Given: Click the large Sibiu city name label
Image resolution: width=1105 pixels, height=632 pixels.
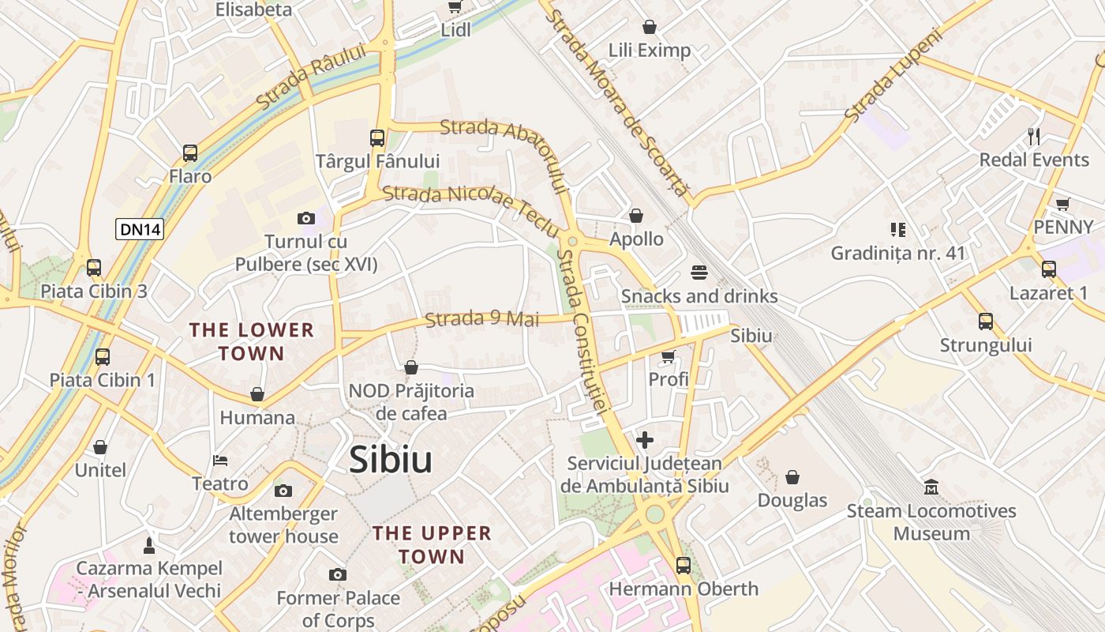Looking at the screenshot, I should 391,460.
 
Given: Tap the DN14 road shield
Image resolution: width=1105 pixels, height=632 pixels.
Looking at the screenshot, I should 140,229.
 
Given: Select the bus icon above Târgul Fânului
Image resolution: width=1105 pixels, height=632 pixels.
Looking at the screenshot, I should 377,138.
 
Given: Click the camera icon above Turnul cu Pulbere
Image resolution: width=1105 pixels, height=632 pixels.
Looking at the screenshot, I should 306,218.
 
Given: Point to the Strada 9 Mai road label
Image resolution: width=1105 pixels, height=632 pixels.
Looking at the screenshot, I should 482,319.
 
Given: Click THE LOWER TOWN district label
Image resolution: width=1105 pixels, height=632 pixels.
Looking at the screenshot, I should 252,341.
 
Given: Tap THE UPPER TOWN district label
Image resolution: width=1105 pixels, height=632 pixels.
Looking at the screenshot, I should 432,544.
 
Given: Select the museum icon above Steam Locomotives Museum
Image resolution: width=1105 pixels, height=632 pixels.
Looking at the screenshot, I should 931,487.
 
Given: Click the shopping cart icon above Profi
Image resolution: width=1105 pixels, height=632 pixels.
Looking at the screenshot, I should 669,356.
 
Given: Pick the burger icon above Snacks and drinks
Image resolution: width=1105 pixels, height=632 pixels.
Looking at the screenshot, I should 699,273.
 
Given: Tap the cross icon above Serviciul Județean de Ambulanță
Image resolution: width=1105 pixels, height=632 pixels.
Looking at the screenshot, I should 645,440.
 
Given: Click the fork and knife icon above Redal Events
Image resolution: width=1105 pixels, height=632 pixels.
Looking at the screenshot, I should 1034,137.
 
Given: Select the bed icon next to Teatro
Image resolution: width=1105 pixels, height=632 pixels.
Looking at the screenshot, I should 221,461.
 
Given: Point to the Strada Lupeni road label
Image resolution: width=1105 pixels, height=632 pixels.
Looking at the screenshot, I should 893,76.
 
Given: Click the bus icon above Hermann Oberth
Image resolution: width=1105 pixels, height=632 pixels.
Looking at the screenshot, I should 684,566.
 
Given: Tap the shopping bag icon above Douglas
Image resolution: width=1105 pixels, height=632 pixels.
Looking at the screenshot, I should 792,477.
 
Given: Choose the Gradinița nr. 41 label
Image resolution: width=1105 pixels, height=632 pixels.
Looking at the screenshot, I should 898,254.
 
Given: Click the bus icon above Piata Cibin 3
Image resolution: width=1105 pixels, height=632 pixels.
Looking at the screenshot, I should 94,268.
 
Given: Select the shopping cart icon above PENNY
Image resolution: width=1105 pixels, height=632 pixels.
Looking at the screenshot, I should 1063,204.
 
